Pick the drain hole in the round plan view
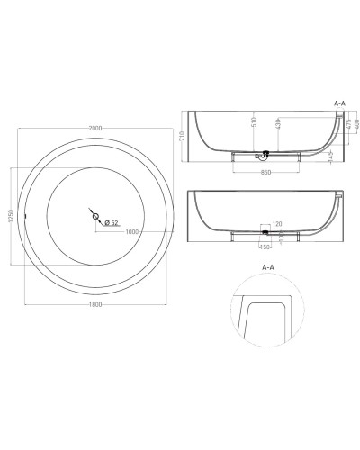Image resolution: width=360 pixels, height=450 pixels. click(95, 215)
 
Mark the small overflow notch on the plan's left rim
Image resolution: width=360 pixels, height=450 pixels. click(27, 216)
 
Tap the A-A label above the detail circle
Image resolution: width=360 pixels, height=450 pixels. click(267, 267)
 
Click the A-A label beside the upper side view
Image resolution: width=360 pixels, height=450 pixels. click(340, 104)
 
